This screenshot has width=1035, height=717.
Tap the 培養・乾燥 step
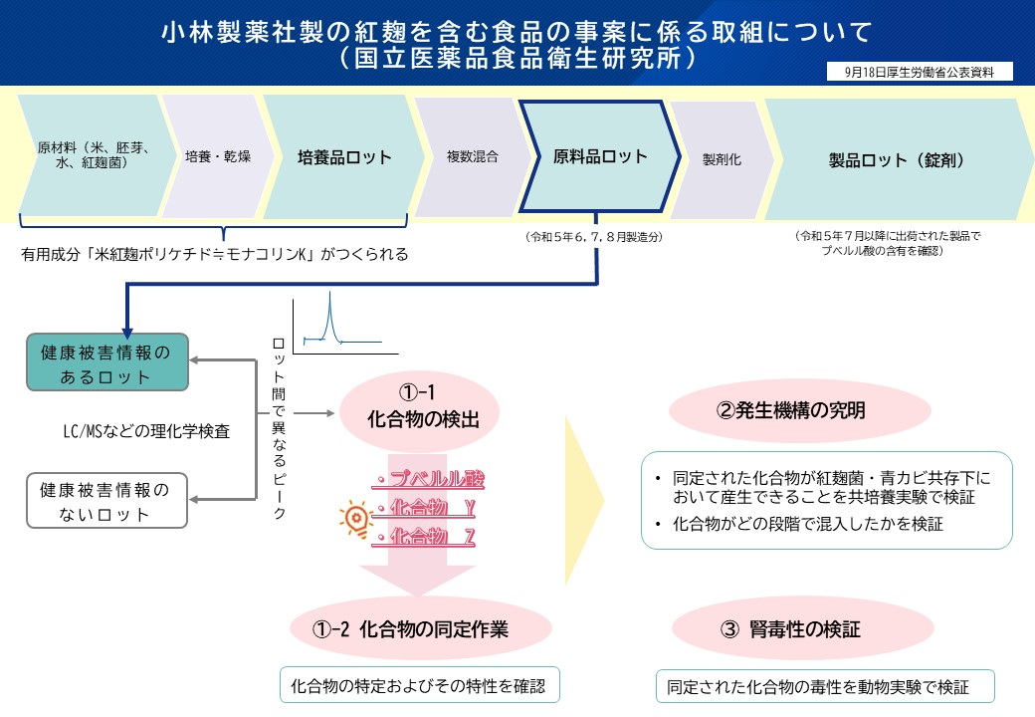(x=217, y=156)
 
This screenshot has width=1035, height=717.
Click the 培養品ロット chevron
(x=344, y=156)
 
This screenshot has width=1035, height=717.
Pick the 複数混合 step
(x=472, y=156)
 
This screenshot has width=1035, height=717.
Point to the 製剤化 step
(x=722, y=158)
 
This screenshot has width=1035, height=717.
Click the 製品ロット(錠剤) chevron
(x=896, y=158)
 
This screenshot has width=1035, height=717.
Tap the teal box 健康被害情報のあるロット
(x=107, y=364)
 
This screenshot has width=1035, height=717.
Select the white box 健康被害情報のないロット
(x=107, y=502)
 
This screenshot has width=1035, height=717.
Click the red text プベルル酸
(x=429, y=480)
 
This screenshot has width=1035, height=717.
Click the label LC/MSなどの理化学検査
(x=146, y=432)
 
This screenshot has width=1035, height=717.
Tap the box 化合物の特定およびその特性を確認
(x=419, y=686)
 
